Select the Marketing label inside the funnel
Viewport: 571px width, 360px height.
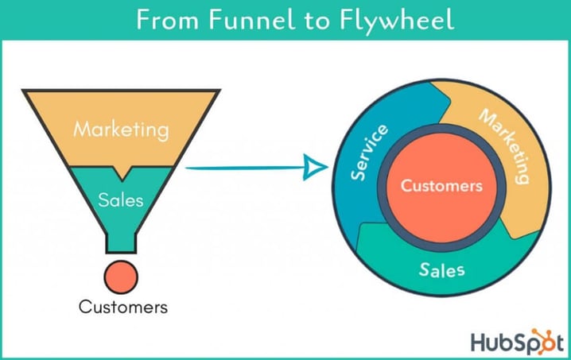point(121,129)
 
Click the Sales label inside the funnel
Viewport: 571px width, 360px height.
point(121,199)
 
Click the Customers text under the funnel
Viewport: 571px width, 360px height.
point(122,307)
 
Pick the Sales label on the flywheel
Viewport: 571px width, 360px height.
point(442,269)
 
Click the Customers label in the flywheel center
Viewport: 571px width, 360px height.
point(441,186)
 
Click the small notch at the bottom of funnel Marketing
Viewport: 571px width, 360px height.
point(121,172)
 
